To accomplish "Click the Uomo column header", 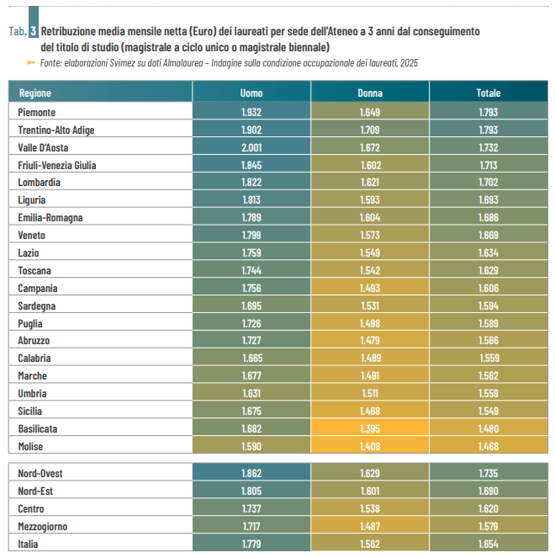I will (x=251, y=93).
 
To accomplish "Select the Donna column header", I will (x=370, y=93).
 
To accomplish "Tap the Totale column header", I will (x=488, y=93).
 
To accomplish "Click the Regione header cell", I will (x=35, y=93).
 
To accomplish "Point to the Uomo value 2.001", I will (x=251, y=147).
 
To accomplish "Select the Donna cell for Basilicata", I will (x=370, y=428).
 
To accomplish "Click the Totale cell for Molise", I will (x=488, y=446).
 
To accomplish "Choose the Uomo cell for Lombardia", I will (x=251, y=183).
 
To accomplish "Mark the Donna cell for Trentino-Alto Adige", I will (x=370, y=130).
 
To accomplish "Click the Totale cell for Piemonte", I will (x=488, y=112).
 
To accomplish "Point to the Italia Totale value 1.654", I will (x=488, y=545).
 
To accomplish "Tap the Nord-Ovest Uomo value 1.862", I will (x=251, y=474).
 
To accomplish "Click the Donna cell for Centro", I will (x=370, y=509).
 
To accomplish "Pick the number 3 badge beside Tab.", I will (x=33, y=31).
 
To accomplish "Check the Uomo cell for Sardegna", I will (x=251, y=306).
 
